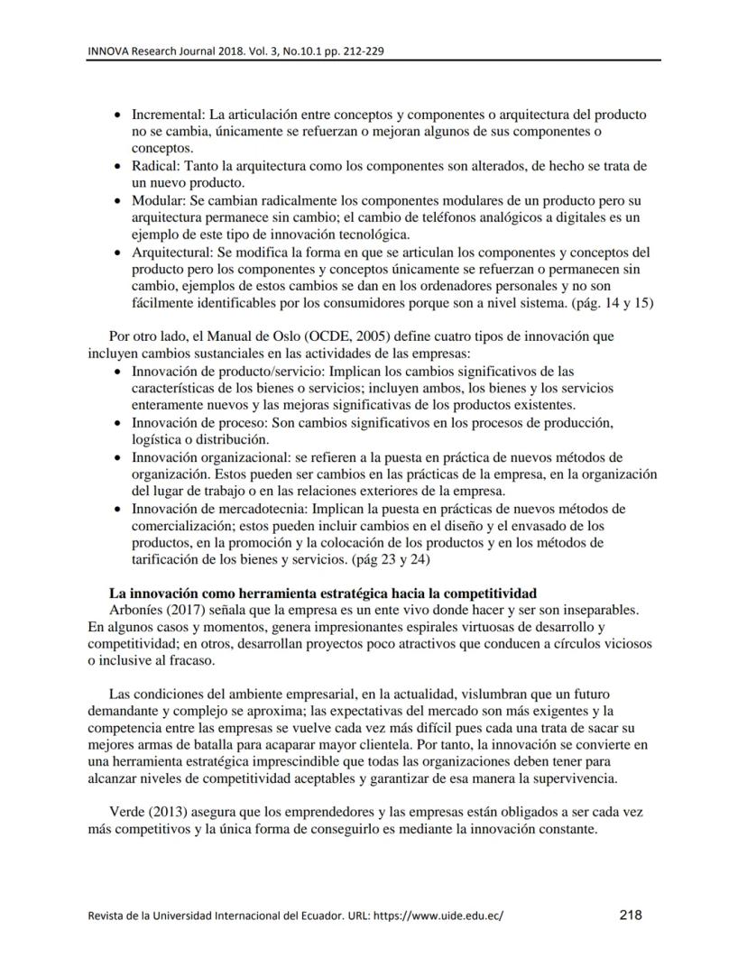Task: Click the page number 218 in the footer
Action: point(631,915)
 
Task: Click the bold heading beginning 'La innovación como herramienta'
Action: point(322,593)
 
